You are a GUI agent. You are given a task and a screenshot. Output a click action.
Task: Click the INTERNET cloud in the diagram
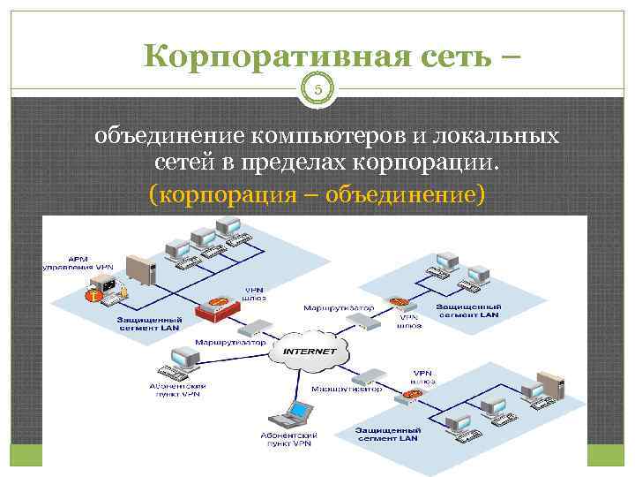click(x=310, y=351)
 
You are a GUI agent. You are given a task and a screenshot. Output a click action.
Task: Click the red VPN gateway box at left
click(x=217, y=309)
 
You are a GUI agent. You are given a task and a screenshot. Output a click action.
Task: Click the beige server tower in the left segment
click(x=140, y=271)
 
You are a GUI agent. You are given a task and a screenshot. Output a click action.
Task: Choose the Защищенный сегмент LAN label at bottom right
click(x=389, y=433)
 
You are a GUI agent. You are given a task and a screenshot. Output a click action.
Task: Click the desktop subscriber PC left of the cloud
click(x=183, y=360)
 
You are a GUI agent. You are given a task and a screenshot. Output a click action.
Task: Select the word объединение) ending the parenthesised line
click(x=405, y=192)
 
